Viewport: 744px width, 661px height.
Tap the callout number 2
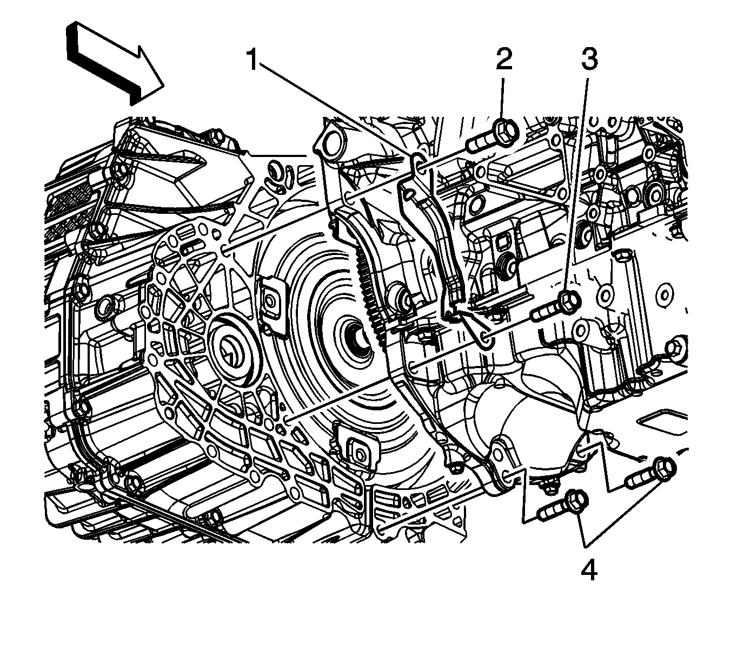point(504,61)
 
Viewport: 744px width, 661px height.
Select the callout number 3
point(589,61)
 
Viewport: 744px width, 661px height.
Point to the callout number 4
point(589,570)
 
